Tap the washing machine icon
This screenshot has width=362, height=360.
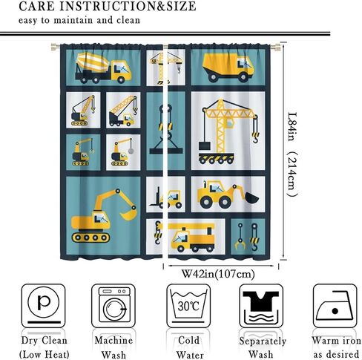coord(113,306)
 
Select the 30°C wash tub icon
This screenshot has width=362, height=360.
coord(188,306)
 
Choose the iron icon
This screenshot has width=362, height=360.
coord(335,306)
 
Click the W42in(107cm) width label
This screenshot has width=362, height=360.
coord(218,274)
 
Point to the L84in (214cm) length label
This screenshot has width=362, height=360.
coord(292,154)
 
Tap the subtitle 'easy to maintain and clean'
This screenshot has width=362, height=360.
coord(79,20)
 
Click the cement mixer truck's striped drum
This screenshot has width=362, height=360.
coord(93,62)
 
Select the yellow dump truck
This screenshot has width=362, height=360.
coord(228,68)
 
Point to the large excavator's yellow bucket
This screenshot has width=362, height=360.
coord(128,213)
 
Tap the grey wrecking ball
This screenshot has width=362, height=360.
coord(131,151)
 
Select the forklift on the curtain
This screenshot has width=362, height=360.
coord(165,199)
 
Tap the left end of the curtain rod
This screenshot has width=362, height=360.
coord(53,47)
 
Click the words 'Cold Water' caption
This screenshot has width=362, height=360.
coord(189,347)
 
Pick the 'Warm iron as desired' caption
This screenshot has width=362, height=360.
coord(336,347)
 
